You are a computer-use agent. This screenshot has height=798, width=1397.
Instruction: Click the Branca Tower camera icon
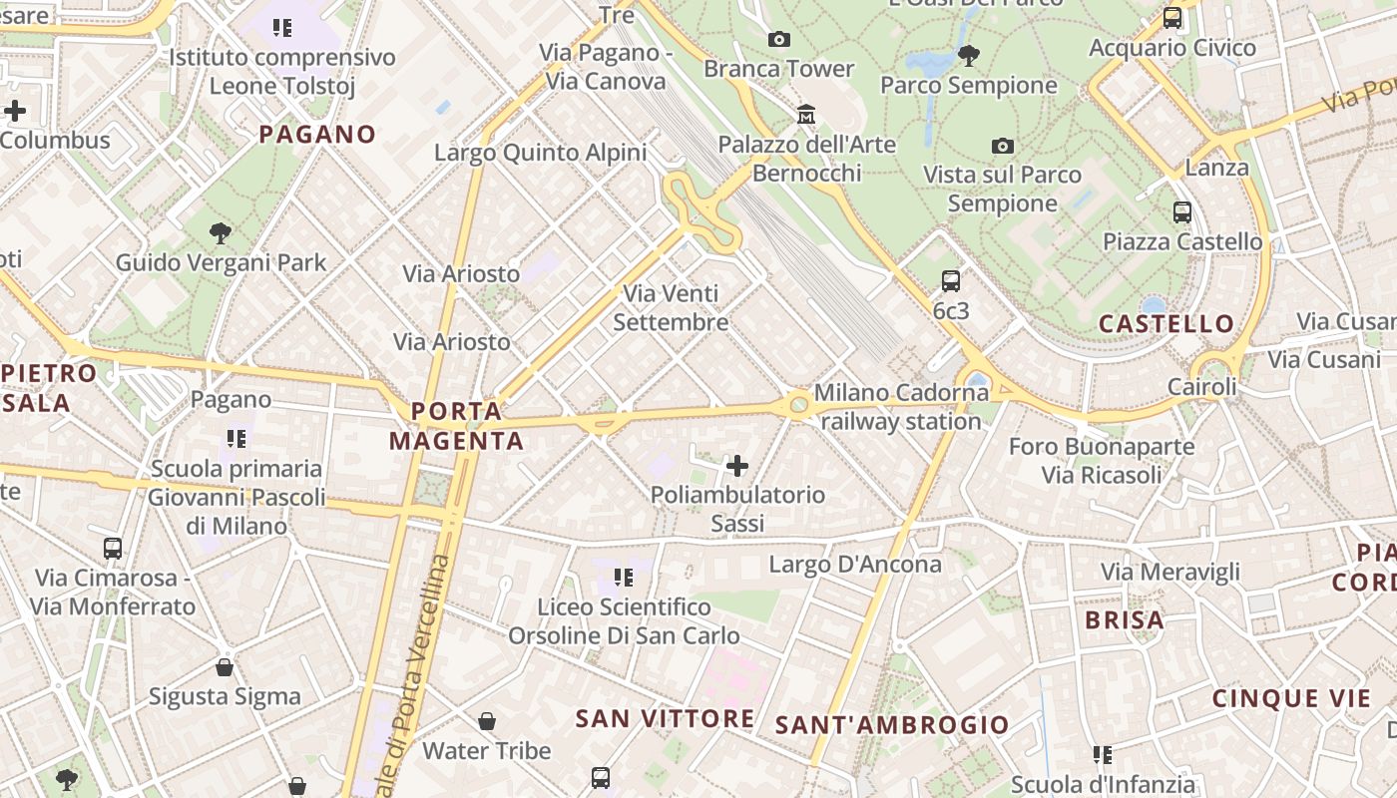tap(779, 40)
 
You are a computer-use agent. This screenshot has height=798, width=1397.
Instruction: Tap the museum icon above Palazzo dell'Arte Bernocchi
tap(806, 115)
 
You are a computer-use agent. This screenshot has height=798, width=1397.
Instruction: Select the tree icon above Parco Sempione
tap(968, 56)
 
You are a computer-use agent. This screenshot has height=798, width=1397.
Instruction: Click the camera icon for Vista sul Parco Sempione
tap(1003, 146)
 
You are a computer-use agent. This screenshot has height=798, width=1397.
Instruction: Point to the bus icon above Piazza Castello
tap(1182, 212)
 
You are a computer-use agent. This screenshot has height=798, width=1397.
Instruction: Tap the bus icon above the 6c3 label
tap(951, 281)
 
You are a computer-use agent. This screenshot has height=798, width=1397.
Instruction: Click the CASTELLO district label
tap(1166, 324)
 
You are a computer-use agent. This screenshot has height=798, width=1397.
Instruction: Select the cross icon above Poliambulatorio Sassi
tap(737, 466)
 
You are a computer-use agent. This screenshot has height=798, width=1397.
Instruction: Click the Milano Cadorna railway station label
tap(901, 407)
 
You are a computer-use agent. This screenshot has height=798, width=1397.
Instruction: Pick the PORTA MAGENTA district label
tap(456, 426)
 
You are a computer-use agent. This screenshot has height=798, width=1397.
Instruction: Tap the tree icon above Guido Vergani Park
tap(221, 234)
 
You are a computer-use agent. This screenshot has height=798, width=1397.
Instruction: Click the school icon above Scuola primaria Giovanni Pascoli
tap(236, 438)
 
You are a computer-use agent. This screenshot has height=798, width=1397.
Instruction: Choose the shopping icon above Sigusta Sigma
tap(225, 666)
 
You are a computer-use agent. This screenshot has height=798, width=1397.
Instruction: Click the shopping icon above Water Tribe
tap(487, 720)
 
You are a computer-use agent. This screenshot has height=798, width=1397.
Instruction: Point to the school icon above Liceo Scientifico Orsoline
tap(624, 577)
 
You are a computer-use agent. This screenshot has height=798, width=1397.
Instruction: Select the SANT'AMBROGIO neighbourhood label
tap(892, 725)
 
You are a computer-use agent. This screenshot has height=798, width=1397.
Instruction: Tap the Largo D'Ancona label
tap(855, 565)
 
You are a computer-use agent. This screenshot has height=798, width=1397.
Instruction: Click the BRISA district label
tap(1125, 620)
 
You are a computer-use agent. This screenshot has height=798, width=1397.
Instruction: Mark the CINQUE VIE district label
tap(1292, 698)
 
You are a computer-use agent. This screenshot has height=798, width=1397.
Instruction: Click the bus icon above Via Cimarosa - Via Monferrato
tap(113, 548)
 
